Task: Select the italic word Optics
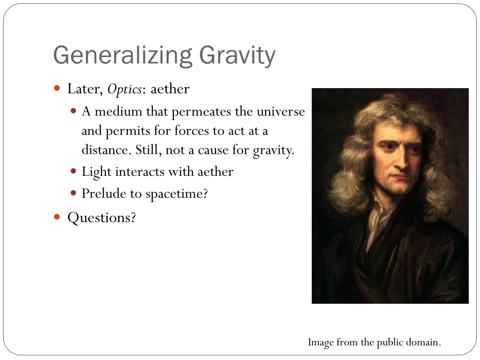tap(125, 89)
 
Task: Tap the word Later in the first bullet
tap(85, 89)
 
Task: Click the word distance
tap(106, 150)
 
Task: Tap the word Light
tap(97, 172)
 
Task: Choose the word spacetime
tap(176, 193)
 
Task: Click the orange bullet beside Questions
tap(57, 217)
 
